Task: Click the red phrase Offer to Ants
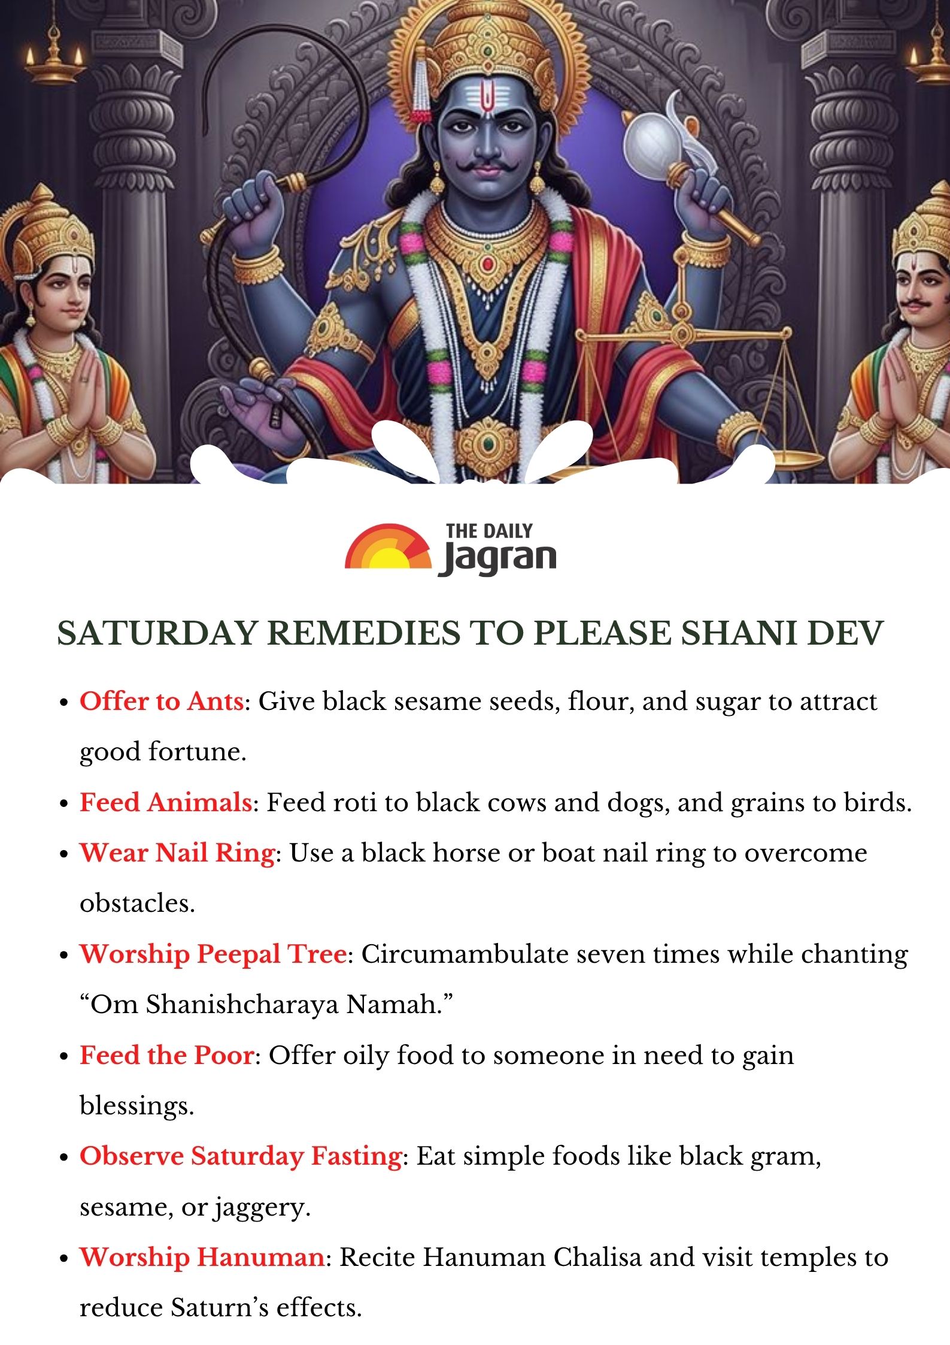pos(162,701)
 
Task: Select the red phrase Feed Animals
pos(166,802)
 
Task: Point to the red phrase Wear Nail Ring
pos(177,853)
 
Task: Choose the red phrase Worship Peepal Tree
pos(213,954)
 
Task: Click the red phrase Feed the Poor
pos(167,1055)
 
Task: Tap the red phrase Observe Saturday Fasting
pos(241,1156)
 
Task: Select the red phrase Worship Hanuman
pos(202,1257)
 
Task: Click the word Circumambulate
pos(464,954)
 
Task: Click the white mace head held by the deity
pos(649,142)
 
